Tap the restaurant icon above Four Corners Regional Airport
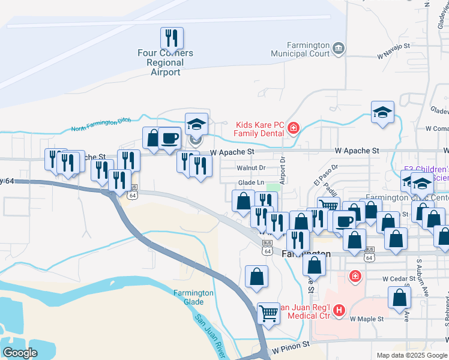point(172,38)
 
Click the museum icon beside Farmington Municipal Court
point(338,48)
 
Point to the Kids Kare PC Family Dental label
point(258,128)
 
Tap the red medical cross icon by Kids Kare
point(293,127)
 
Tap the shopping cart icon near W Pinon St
point(269,313)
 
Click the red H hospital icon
point(339,310)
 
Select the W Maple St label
point(367,319)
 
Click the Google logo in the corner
point(20,353)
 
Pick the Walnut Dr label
point(251,168)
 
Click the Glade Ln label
point(251,182)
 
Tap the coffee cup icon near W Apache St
point(169,138)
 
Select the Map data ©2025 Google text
point(411,355)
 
